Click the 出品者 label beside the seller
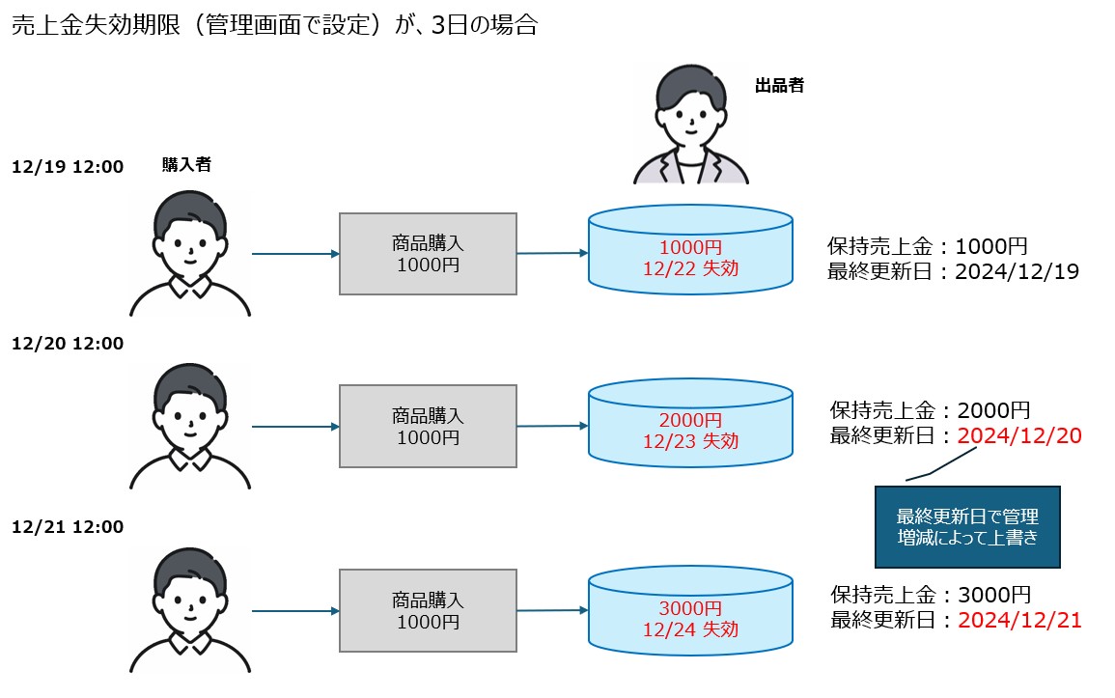click(x=778, y=85)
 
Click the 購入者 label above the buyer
click(x=186, y=164)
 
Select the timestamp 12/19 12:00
click(x=68, y=167)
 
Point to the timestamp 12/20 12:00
click(x=68, y=343)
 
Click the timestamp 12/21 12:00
click(x=68, y=526)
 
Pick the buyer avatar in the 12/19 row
click(x=190, y=254)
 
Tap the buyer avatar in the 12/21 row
click(x=190, y=610)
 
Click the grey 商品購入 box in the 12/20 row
click(x=428, y=426)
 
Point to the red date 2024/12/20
click(x=1019, y=435)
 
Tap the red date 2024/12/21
click(x=1019, y=620)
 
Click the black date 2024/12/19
click(x=1017, y=271)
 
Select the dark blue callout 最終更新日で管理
click(x=967, y=526)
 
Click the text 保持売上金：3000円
click(x=931, y=595)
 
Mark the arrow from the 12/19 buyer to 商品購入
click(x=294, y=254)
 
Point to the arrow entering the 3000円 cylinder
click(x=552, y=610)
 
